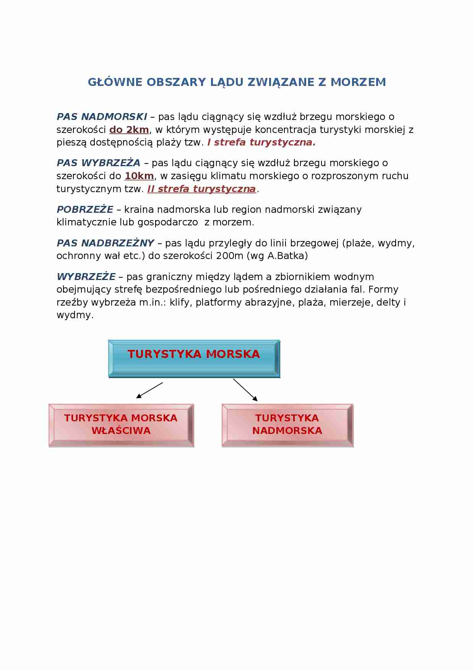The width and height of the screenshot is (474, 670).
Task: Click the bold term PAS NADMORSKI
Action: (102, 117)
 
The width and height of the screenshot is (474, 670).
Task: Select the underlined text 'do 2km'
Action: (129, 130)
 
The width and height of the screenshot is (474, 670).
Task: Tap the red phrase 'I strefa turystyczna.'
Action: (261, 142)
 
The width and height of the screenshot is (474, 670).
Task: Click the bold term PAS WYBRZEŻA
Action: (99, 163)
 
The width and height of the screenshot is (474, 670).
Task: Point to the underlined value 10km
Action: (139, 176)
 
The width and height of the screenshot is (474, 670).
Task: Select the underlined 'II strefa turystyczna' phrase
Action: (201, 189)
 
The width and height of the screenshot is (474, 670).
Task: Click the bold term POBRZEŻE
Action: (85, 210)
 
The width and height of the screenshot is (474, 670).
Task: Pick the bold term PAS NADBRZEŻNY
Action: (105, 243)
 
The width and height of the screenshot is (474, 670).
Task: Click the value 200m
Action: (229, 256)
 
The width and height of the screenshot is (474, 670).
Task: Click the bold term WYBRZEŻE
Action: (86, 277)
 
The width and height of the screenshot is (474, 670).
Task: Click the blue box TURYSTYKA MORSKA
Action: (194, 358)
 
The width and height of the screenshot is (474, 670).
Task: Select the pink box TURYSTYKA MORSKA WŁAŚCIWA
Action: (121, 425)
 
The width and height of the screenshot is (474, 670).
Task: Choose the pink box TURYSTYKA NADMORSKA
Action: (287, 425)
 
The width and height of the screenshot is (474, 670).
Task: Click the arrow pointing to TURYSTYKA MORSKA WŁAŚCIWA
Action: (149, 390)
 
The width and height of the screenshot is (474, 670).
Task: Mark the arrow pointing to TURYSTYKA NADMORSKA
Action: (245, 390)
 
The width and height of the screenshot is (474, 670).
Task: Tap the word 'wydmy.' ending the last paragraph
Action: (75, 316)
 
